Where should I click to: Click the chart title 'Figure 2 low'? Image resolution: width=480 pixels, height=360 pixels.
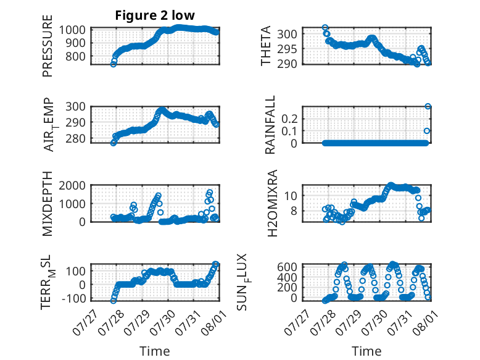tap(155, 15)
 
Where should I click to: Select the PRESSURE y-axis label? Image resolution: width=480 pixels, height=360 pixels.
tap(48, 46)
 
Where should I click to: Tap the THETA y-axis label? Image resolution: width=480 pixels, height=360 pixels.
tap(266, 46)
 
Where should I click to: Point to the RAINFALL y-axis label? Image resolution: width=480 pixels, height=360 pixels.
tap(270, 125)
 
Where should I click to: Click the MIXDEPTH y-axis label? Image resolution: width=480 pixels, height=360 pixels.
tap(48, 204)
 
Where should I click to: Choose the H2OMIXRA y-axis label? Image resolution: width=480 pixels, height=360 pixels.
tap(272, 203)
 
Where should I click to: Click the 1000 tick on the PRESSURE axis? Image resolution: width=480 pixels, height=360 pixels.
tap(72, 30)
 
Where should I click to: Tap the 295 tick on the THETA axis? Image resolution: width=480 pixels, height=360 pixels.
tap(287, 49)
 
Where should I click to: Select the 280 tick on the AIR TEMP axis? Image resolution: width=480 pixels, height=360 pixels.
tap(75, 139)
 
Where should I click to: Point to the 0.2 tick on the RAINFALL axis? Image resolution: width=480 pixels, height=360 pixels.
tap(289, 119)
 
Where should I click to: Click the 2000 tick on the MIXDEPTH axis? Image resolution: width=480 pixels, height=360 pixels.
tap(72, 185)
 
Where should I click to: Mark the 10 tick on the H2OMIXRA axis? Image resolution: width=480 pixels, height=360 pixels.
tap(291, 196)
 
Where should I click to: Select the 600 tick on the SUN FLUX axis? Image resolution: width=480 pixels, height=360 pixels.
tap(287, 267)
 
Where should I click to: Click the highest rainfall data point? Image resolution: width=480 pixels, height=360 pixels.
tap(428, 107)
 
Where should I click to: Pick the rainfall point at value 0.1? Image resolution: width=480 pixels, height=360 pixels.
tap(427, 131)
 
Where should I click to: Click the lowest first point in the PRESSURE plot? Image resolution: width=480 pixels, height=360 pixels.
tap(114, 64)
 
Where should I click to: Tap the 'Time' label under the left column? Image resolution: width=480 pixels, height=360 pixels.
tap(155, 351)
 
